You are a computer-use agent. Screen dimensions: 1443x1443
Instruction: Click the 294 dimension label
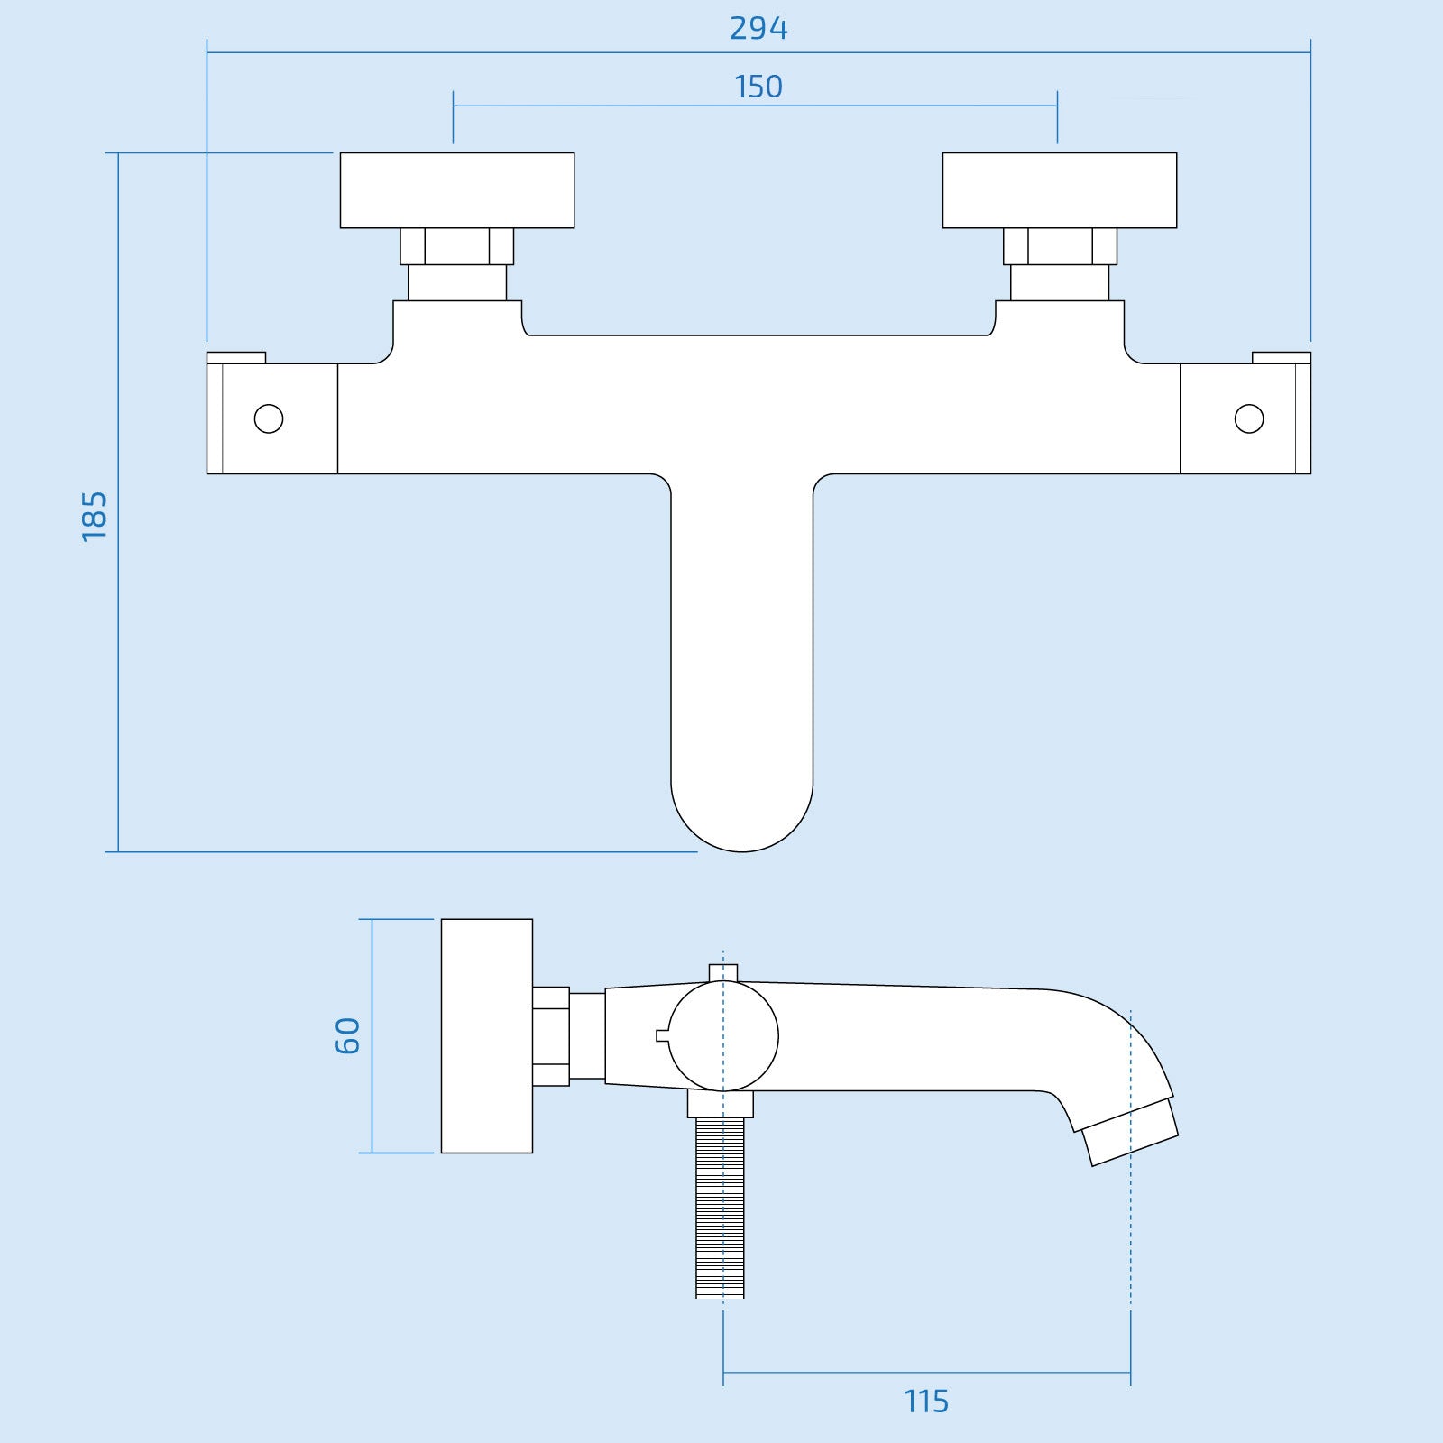(758, 29)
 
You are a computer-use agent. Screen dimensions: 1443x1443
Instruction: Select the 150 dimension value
(758, 87)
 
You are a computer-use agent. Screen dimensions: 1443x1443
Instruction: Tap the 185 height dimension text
(94, 516)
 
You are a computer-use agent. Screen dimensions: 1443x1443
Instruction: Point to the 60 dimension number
(347, 1035)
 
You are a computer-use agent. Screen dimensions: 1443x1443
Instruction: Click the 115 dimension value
(926, 1402)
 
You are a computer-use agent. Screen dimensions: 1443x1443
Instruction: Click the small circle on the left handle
(269, 418)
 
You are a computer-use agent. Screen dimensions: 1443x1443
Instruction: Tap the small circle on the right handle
(1249, 418)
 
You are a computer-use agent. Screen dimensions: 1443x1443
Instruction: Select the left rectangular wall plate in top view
(457, 190)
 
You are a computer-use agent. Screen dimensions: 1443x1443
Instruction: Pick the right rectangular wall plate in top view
(1060, 190)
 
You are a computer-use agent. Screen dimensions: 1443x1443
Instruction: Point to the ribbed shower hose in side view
(721, 1209)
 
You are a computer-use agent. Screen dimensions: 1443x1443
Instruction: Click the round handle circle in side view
(723, 1036)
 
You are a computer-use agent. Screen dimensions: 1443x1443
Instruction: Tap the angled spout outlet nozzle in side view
(1131, 1133)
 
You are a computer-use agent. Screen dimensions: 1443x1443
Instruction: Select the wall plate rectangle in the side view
(487, 1035)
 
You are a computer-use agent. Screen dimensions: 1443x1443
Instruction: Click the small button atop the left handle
(236, 357)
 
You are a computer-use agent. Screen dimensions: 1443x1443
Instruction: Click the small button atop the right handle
(1282, 357)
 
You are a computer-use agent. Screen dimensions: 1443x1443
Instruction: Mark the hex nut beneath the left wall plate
(457, 246)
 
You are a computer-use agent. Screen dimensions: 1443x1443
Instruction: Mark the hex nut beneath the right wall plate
(1060, 246)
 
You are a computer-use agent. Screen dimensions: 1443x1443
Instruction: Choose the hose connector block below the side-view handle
(721, 1104)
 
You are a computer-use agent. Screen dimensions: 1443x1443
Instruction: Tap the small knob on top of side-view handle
(723, 971)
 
